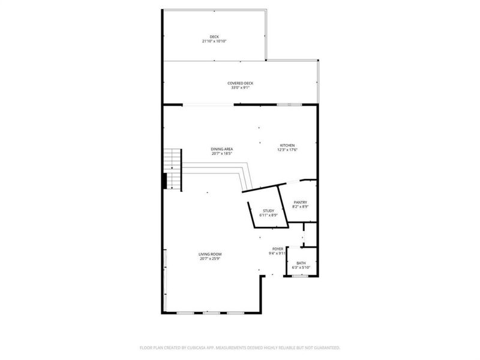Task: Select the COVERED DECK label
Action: point(240,83)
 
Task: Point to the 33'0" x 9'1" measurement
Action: point(240,88)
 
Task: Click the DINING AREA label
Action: point(222,149)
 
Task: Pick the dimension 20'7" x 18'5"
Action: point(222,154)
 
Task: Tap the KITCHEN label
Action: point(287,146)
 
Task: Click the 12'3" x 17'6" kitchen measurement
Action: point(287,151)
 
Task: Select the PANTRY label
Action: point(300,202)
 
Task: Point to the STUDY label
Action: point(268,210)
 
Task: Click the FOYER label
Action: point(278,248)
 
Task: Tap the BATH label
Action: point(301,263)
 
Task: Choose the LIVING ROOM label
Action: point(210,254)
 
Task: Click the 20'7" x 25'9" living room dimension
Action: point(210,259)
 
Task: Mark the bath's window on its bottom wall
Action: point(300,275)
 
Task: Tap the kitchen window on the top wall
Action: point(289,104)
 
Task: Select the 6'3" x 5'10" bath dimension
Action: point(301,268)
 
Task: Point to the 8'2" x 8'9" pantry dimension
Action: point(300,207)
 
